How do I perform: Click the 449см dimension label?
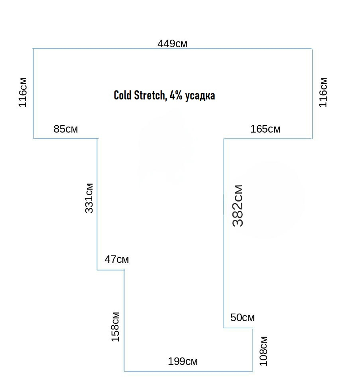click(x=172, y=44)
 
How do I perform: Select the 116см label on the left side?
click(x=23, y=93)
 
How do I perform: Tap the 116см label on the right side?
click(x=323, y=93)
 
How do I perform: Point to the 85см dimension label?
click(x=66, y=129)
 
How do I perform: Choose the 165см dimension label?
click(x=265, y=129)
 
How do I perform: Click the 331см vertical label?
click(x=89, y=198)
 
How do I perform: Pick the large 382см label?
click(x=238, y=205)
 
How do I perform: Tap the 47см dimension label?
click(x=117, y=259)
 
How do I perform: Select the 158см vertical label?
click(x=115, y=327)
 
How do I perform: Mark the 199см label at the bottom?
click(x=183, y=361)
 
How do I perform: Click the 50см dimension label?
click(x=242, y=318)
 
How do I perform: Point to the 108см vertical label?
click(x=264, y=351)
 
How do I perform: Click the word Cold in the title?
click(x=122, y=95)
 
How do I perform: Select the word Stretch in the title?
click(x=150, y=96)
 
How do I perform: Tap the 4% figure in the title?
click(x=176, y=95)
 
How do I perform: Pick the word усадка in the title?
click(x=200, y=96)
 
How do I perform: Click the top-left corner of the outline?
click(x=33, y=49)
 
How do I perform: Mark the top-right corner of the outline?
click(x=312, y=49)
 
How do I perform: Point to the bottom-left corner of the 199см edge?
click(x=124, y=371)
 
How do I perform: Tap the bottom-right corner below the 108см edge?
click(x=253, y=371)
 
